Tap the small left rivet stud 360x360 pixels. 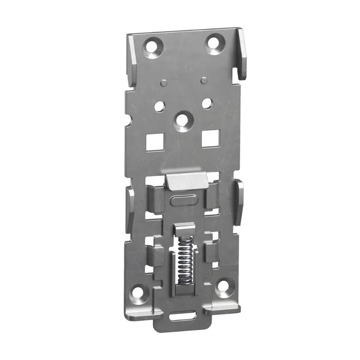[163, 82]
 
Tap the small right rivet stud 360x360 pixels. [203, 81]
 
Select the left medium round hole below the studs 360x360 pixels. [159, 106]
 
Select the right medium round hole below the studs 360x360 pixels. [207, 103]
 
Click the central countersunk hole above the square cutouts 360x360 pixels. [182, 120]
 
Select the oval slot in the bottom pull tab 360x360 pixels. [183, 316]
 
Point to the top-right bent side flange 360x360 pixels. [242, 54]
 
